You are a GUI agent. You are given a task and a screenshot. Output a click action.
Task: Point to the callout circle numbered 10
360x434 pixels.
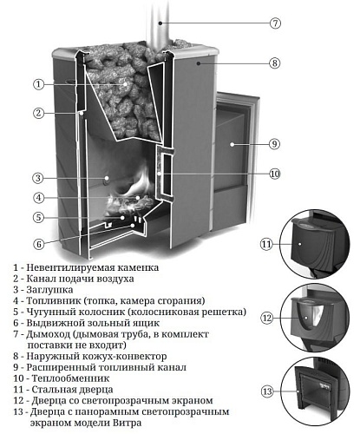click(274, 174)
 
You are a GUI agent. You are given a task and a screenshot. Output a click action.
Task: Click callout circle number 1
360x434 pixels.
click(38, 84)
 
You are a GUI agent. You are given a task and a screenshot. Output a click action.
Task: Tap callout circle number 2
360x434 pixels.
click(38, 113)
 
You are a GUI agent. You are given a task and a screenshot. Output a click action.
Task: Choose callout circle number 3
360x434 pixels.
click(38, 179)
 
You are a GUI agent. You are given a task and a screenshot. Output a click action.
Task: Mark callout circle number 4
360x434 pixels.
click(38, 198)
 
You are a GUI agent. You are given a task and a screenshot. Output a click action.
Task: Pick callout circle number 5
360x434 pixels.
click(38, 217)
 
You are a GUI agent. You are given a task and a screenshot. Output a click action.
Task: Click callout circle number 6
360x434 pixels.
click(38, 243)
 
